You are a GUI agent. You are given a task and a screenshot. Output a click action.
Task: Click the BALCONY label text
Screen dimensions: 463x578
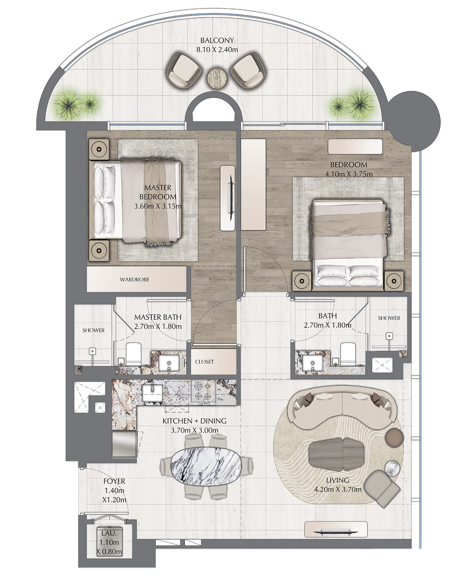tap(217, 40)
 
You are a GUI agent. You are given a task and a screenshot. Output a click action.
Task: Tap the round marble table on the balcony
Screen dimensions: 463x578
tap(217, 77)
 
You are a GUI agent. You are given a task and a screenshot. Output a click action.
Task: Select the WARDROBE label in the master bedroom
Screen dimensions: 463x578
tap(135, 280)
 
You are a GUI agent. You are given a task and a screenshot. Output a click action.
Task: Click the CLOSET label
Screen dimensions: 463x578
tap(205, 362)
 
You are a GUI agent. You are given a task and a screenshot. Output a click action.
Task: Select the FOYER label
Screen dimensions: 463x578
tap(114, 481)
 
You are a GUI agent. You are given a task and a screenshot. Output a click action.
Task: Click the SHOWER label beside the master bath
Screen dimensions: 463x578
tap(93, 330)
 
